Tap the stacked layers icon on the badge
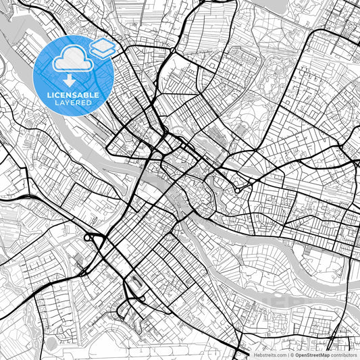(x=103, y=48)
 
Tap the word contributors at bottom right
(x=344, y=355)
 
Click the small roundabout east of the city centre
(x=238, y=190)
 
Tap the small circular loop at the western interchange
(x=89, y=238)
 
